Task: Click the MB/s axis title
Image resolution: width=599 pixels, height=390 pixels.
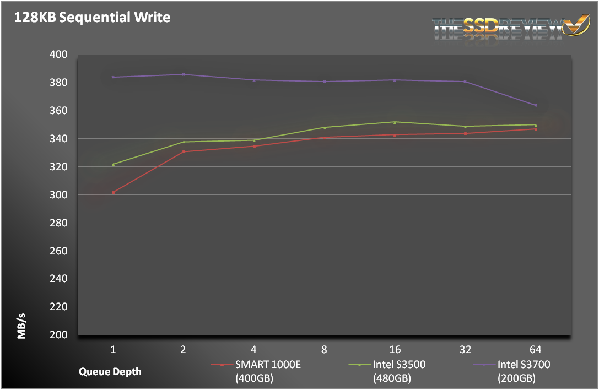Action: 21,326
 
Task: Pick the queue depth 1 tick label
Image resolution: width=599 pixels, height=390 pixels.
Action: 113,349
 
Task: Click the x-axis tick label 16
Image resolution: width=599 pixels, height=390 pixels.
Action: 395,349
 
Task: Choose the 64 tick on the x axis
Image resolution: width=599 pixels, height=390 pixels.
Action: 536,349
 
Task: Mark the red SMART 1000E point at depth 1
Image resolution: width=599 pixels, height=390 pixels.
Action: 113,192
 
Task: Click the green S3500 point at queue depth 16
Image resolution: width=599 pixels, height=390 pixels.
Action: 395,122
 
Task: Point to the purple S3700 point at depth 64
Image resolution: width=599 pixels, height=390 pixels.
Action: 536,105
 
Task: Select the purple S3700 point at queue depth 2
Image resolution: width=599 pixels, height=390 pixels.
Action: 184,74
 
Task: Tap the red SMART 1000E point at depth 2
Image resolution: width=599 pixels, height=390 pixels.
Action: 184,151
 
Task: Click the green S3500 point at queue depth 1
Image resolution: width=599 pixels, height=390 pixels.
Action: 113,164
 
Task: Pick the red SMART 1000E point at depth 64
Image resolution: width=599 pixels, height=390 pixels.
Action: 536,129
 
